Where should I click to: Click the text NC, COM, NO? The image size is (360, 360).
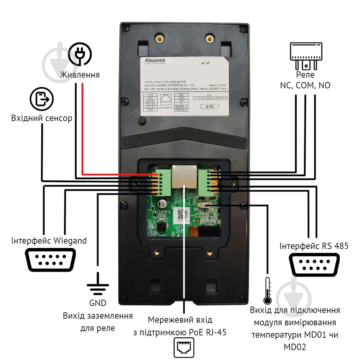pyautogui.click(x=305, y=85)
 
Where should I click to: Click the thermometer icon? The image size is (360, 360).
pyautogui.click(x=267, y=291)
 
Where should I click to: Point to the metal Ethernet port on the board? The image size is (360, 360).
pyautogui.click(x=184, y=176)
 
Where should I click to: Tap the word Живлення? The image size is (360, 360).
pyautogui.click(x=80, y=75)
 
